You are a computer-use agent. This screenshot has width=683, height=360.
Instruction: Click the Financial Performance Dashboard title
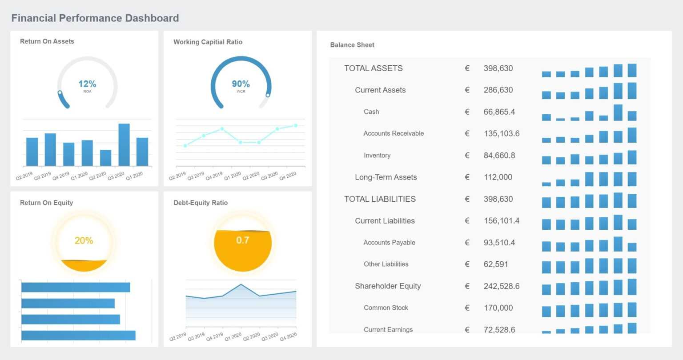click(x=95, y=18)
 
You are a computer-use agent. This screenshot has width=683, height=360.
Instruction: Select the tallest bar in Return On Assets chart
click(x=124, y=145)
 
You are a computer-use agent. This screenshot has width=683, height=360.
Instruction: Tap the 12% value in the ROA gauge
click(x=87, y=84)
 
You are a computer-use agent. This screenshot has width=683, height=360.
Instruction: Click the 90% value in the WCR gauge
click(x=241, y=84)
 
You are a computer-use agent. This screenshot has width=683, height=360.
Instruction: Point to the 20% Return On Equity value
click(x=84, y=241)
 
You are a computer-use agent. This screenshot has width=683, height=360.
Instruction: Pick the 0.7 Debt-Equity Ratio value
click(x=242, y=240)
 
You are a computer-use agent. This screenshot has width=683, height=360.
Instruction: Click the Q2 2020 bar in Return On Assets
click(x=105, y=158)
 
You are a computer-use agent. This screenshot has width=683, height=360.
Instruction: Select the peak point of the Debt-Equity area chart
click(x=241, y=284)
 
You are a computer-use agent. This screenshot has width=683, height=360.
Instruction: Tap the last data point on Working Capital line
click(x=296, y=126)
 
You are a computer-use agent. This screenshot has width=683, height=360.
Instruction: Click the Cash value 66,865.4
click(x=499, y=112)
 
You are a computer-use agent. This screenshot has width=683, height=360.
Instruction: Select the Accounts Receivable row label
click(x=394, y=133)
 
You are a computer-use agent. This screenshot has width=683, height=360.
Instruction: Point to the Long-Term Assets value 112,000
click(x=498, y=177)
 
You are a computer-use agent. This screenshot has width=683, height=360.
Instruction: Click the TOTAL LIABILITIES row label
click(x=380, y=199)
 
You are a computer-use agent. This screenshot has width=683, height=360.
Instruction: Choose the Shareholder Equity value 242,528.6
click(x=501, y=286)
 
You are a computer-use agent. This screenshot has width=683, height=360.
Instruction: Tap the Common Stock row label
click(x=386, y=308)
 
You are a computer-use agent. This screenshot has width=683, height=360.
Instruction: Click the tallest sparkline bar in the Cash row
click(x=618, y=113)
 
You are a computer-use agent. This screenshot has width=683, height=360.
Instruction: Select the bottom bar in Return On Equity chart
click(x=78, y=336)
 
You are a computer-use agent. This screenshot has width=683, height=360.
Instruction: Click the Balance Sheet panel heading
click(x=352, y=45)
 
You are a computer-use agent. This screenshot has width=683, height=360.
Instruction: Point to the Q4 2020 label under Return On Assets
click(x=134, y=176)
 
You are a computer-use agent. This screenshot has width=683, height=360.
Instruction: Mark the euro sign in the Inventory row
click(x=467, y=156)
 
